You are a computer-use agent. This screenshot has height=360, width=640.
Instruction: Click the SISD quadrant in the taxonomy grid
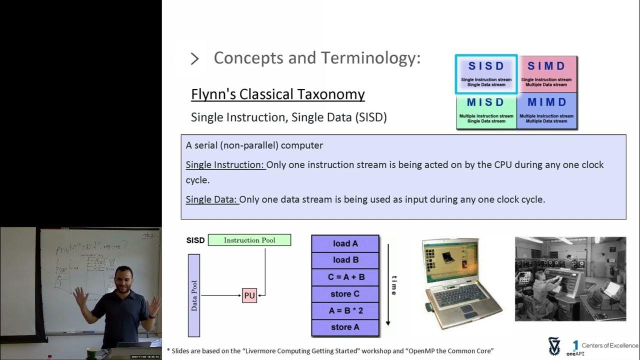pyautogui.click(x=486, y=74)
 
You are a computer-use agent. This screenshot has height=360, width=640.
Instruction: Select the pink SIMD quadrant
pyautogui.click(x=546, y=74)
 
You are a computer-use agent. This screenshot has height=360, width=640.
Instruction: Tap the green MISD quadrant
pyautogui.click(x=486, y=110)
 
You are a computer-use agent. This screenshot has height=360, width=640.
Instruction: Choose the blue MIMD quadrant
pyautogui.click(x=546, y=110)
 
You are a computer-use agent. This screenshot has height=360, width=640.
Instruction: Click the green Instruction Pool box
pyautogui.click(x=249, y=240)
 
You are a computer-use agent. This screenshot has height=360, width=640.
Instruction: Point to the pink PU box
pyautogui.click(x=249, y=295)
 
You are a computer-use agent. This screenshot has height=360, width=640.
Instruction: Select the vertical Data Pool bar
pyautogui.click(x=194, y=295)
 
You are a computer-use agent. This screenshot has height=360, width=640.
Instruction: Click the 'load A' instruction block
pyautogui.click(x=345, y=243)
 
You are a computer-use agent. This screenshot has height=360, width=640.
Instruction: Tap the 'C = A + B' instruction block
pyautogui.click(x=345, y=277)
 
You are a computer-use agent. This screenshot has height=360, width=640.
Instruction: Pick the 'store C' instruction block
pyautogui.click(x=345, y=294)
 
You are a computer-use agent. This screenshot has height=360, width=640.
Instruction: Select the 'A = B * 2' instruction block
pyautogui.click(x=345, y=310)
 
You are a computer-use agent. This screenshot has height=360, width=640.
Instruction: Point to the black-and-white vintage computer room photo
pyautogui.click(x=570, y=278)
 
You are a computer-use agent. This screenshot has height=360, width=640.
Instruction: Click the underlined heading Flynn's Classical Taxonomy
pyautogui.click(x=277, y=94)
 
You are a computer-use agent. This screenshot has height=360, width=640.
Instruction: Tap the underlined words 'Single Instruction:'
pyautogui.click(x=225, y=165)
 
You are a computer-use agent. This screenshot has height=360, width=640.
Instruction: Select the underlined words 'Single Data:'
pyautogui.click(x=211, y=199)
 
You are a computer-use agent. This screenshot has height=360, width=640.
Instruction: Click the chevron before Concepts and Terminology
pyautogui.click(x=195, y=59)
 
